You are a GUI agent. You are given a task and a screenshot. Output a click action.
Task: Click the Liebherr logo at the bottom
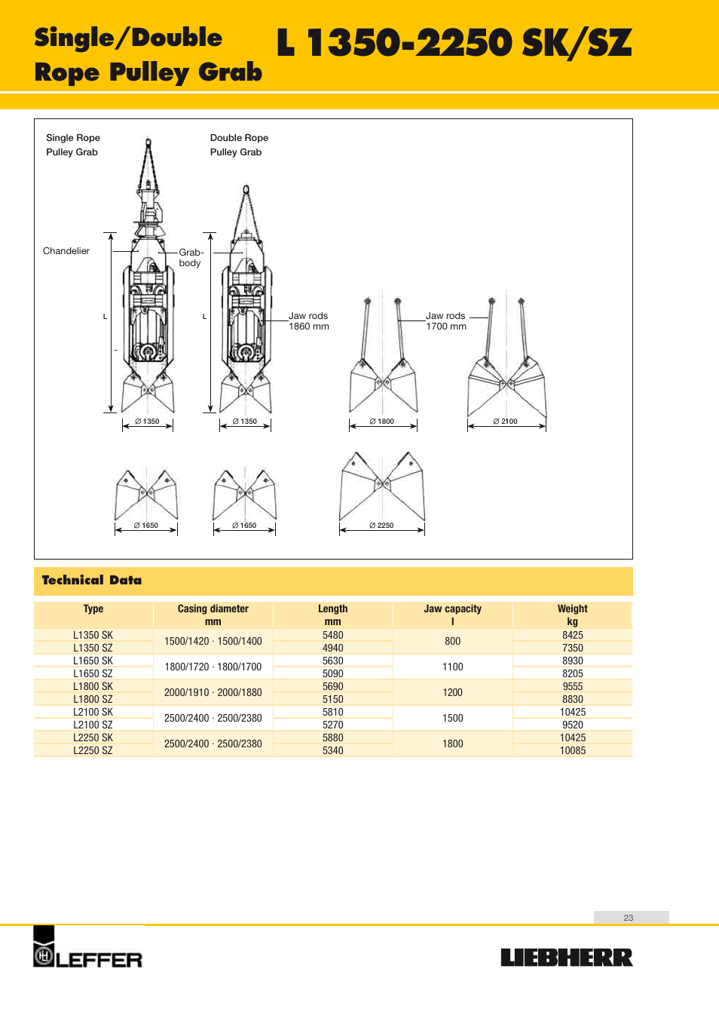pyautogui.click(x=567, y=958)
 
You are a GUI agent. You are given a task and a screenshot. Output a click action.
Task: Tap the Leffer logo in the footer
pyautogui.click(x=87, y=949)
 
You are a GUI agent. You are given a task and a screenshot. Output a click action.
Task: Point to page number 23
pyautogui.click(x=629, y=918)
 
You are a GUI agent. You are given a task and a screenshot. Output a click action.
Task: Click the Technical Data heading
pyautogui.click(x=92, y=580)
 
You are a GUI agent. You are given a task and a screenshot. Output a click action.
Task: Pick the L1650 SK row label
pyautogui.click(x=93, y=661)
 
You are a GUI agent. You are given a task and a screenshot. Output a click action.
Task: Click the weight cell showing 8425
pyautogui.click(x=573, y=635)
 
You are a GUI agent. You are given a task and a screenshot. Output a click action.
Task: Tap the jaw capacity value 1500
pyautogui.click(x=452, y=718)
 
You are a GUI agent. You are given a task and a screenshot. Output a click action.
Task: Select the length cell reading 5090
pyautogui.click(x=332, y=673)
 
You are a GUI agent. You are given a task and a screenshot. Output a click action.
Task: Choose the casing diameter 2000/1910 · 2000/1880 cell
pyautogui.click(x=213, y=692)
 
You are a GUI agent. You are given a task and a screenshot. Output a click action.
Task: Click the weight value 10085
pyautogui.click(x=573, y=750)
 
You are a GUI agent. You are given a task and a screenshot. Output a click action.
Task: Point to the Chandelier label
pyautogui.click(x=66, y=251)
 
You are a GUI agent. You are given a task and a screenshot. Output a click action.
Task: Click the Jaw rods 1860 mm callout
pyautogui.click(x=309, y=321)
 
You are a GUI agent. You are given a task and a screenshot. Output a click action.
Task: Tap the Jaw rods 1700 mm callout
pyautogui.click(x=446, y=321)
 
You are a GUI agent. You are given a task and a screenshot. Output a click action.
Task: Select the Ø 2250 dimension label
pyautogui.click(x=381, y=526)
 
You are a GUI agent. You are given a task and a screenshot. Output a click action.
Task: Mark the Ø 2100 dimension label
pyautogui.click(x=505, y=422)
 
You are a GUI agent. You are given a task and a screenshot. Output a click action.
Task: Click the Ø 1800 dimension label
pyautogui.click(x=382, y=422)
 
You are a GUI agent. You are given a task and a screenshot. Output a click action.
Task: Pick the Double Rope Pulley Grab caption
pyautogui.click(x=239, y=145)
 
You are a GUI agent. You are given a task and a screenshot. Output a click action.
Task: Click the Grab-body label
pyautogui.click(x=191, y=258)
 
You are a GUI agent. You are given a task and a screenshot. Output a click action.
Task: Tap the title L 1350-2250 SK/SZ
pyautogui.click(x=454, y=43)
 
